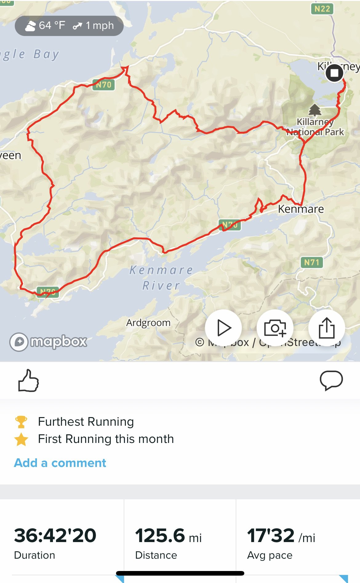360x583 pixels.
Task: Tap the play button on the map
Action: [224, 328]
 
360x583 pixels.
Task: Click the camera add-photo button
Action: [275, 328]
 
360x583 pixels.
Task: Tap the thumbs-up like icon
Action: [28, 380]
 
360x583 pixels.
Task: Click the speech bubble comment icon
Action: [331, 380]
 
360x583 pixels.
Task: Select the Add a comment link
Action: [60, 463]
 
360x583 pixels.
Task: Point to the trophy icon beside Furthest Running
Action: [21, 422]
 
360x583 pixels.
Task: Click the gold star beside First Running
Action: [21, 439]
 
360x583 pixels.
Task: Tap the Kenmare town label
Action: [301, 209]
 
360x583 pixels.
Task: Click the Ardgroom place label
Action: [148, 323]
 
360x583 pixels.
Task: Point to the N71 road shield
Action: [312, 262]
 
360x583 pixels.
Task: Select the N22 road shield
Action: [322, 9]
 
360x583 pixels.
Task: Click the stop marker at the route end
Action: [334, 73]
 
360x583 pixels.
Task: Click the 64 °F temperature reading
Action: [52, 26]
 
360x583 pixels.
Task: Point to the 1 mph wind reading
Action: [99, 26]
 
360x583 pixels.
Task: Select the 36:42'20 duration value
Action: [55, 536]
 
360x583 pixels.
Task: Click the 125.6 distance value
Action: [160, 536]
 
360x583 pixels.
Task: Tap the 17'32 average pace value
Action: [271, 536]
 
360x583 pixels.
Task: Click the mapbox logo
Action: [48, 342]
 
